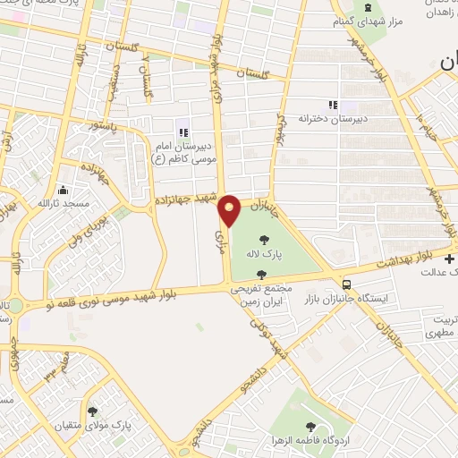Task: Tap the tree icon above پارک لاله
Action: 264,239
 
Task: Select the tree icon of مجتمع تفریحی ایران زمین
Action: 260,275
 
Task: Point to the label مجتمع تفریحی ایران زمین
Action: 261,295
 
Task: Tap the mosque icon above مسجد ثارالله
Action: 63,191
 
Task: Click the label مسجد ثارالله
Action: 63,204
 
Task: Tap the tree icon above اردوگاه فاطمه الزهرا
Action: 310,428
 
